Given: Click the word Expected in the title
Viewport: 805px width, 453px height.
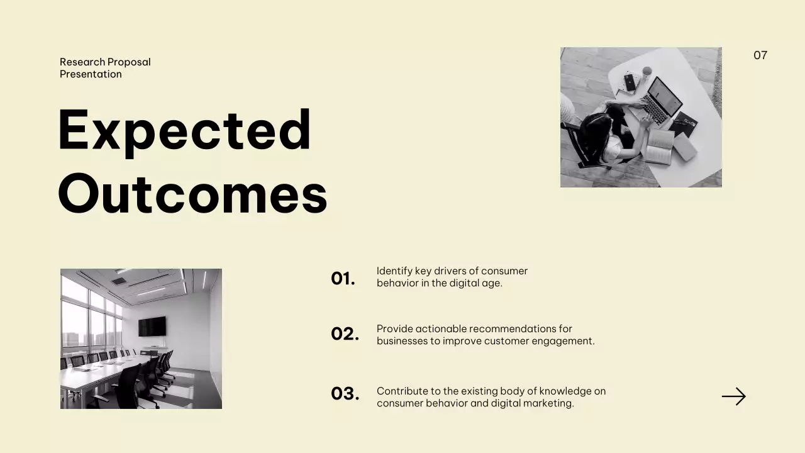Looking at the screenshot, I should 184,130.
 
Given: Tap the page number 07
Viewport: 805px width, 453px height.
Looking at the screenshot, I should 760,55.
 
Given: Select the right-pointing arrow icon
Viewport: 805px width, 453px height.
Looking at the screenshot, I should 733,396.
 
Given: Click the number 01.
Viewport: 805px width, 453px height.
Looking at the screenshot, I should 343,278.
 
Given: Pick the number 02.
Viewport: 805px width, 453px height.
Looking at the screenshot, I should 345,333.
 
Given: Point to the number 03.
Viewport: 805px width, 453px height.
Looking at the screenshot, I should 345,393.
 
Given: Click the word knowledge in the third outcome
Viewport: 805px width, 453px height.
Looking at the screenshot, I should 556,391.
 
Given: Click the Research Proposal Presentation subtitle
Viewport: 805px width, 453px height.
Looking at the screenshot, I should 105,68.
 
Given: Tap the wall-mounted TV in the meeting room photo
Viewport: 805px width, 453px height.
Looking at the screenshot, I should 152,326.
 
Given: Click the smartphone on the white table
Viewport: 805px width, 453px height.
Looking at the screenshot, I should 630,82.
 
